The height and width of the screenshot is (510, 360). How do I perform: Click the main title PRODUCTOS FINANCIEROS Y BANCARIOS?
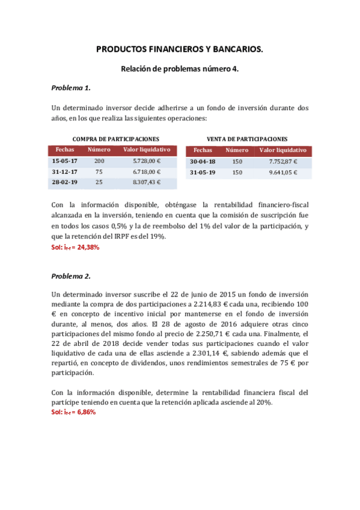point(180,51)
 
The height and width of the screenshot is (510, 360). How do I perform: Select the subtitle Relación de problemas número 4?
point(180,69)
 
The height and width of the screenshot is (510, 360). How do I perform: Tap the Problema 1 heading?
point(71,88)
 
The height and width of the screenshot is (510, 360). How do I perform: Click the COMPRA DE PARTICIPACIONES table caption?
point(115,138)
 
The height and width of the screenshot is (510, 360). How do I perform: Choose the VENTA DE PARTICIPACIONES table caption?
point(246,138)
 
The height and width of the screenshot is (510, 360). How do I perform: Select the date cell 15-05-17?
point(65,161)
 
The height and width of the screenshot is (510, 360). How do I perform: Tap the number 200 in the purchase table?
point(99,161)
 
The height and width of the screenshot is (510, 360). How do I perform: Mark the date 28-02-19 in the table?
point(65,182)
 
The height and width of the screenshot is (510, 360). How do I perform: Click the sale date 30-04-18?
point(203,162)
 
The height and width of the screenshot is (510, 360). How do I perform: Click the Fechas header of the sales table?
point(203,150)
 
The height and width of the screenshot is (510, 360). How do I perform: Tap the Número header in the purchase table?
point(99,149)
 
